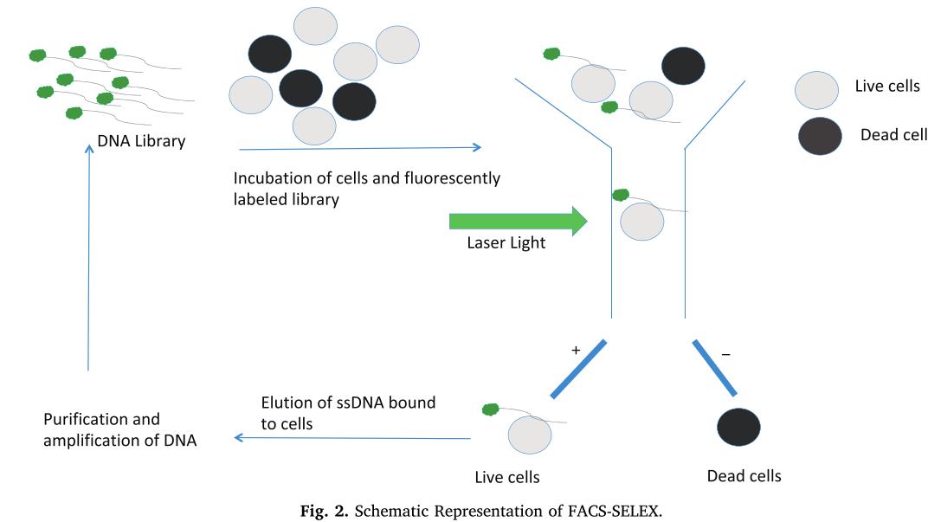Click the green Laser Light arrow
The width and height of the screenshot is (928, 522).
pyautogui.click(x=518, y=221)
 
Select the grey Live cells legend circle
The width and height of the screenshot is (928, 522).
pyautogui.click(x=816, y=90)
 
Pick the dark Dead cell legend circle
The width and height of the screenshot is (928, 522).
pyautogui.click(x=819, y=137)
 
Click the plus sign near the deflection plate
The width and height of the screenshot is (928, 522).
pyautogui.click(x=574, y=351)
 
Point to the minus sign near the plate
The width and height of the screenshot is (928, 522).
pyautogui.click(x=725, y=354)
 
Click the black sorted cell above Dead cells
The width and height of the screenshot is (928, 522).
pyautogui.click(x=738, y=427)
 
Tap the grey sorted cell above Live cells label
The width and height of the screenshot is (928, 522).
pyautogui.click(x=530, y=435)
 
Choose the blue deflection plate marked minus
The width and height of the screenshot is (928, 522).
pyautogui.click(x=715, y=369)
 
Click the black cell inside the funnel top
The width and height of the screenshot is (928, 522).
pyautogui.click(x=683, y=66)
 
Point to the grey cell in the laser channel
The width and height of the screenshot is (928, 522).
pyautogui.click(x=641, y=221)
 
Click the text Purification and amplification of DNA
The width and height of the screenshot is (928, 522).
pyautogui.click(x=119, y=429)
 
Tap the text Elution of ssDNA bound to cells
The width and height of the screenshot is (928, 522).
pyautogui.click(x=348, y=413)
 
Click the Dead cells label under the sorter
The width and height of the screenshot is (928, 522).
pyautogui.click(x=744, y=476)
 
